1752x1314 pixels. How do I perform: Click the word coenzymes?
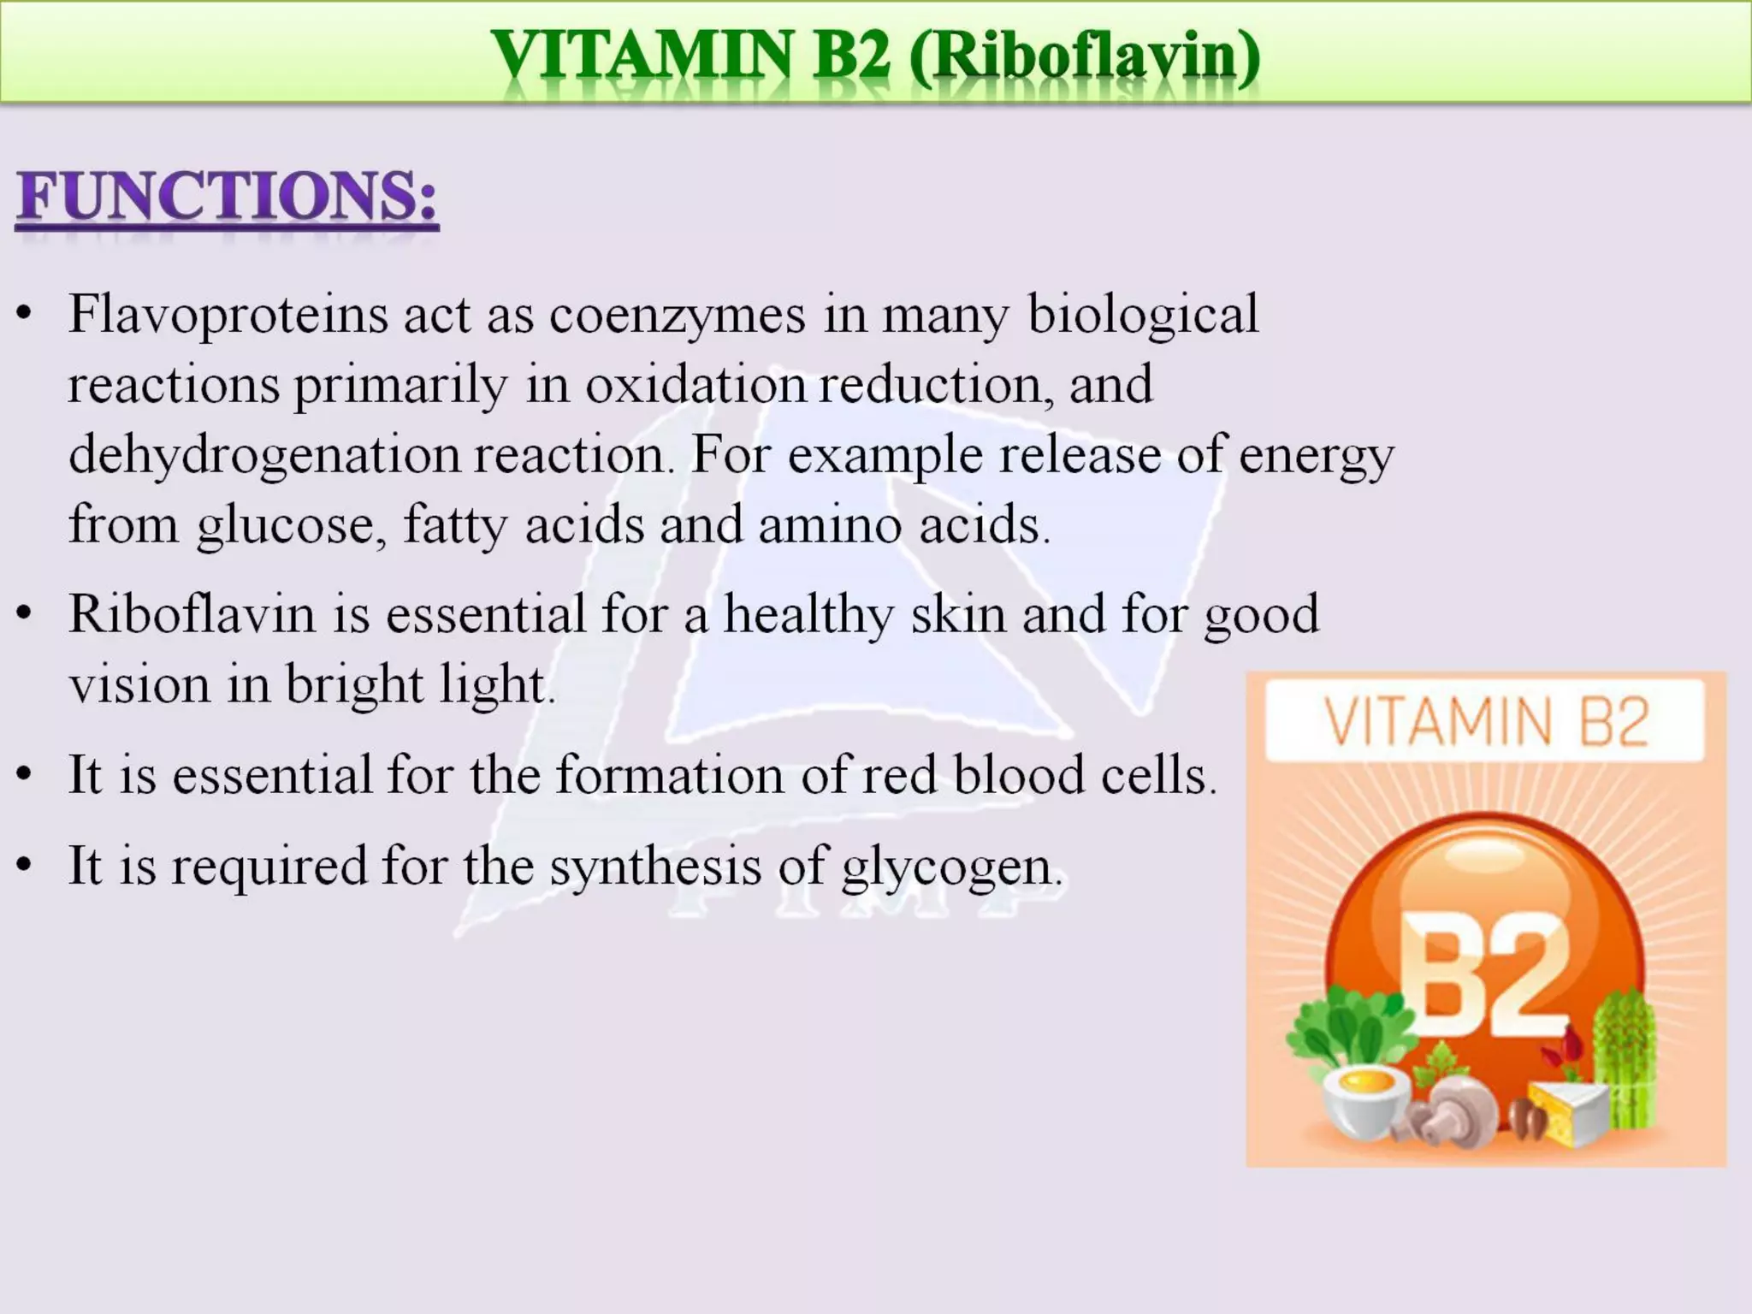tap(677, 315)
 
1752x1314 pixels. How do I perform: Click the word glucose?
tap(286, 524)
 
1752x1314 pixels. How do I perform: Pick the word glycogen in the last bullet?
tap(951, 867)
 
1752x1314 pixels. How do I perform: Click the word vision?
tap(139, 685)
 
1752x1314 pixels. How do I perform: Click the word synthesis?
tap(654, 866)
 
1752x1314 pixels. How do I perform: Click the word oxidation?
tap(695, 385)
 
